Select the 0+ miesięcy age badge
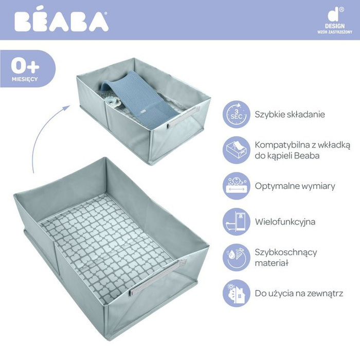[x=25, y=69]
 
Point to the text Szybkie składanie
[x=290, y=114]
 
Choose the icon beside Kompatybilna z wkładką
[x=236, y=150]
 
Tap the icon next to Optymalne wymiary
[x=236, y=186]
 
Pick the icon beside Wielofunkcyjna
[x=236, y=222]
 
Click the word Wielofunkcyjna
[x=285, y=222]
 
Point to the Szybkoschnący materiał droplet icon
[x=236, y=258]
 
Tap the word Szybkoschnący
[x=286, y=253]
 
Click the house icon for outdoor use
[x=236, y=294]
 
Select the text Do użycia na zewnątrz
[x=299, y=294]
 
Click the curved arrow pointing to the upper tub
[x=44, y=134]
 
